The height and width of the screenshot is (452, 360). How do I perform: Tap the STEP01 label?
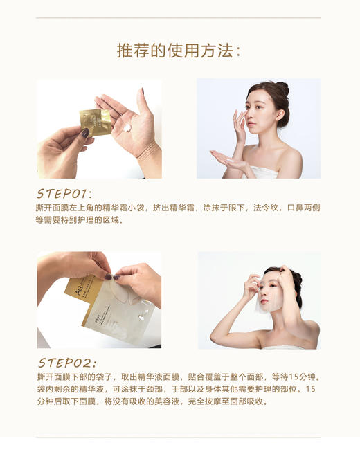[x=64, y=193]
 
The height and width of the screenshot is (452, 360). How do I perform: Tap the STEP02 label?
[x=66, y=363]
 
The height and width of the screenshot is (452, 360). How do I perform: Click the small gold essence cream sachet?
[x=95, y=122]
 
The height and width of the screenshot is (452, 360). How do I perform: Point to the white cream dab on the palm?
[x=127, y=128]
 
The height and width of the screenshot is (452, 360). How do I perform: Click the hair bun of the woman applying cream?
[x=282, y=88]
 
